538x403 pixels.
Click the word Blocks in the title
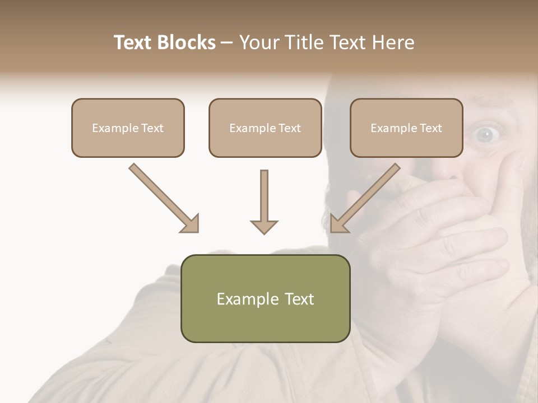point(186,43)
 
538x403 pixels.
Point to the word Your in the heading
point(258,43)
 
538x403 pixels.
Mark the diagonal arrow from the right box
point(367,195)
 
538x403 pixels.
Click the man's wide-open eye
point(485,133)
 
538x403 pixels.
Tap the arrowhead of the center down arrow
point(264,226)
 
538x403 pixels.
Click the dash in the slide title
point(227,43)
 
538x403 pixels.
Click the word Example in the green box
point(246,299)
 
